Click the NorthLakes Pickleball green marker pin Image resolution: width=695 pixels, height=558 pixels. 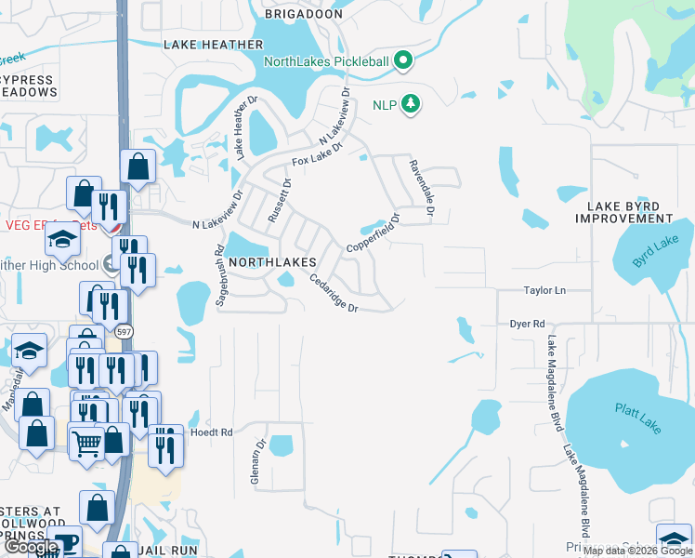tap(402, 62)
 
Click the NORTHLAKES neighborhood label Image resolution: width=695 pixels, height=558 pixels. tap(273, 262)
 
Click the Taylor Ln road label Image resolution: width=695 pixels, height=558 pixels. tap(544, 290)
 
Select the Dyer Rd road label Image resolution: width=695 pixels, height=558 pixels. tap(527, 324)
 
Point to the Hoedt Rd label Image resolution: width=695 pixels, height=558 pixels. tap(212, 432)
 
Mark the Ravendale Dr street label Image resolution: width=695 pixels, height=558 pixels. tap(421, 186)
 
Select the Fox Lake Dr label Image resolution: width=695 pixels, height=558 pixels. tap(317, 154)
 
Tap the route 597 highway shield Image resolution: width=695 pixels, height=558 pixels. tap(123, 330)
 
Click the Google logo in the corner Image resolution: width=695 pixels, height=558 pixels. tap(32, 548)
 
